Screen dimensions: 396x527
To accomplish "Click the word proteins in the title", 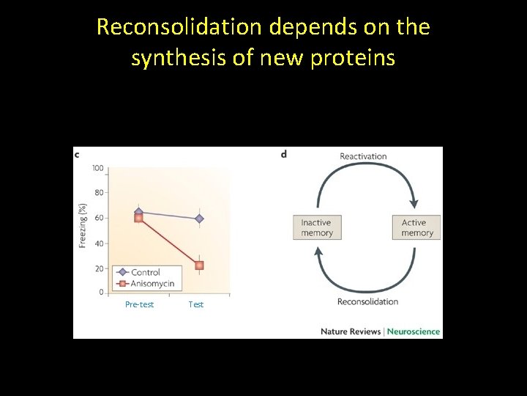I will point(354,57).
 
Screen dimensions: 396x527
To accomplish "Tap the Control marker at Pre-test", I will point(139,213).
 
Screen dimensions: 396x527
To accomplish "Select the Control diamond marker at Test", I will point(199,219).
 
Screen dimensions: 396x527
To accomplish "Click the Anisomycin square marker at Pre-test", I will point(138,219).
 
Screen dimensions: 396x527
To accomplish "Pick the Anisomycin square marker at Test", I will point(199,265).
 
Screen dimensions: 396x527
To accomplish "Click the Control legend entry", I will point(145,272).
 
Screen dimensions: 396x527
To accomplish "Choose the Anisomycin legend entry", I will point(150,283).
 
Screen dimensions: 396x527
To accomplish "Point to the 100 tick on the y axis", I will point(97,168).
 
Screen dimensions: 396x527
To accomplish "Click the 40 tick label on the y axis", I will point(99,243).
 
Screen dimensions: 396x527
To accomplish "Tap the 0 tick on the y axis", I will point(101,293).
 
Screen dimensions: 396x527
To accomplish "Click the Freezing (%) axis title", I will point(83,224).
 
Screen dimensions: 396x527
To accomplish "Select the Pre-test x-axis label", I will point(139,304).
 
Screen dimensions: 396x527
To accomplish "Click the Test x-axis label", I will point(196,304).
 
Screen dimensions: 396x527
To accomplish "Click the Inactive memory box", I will point(316,227).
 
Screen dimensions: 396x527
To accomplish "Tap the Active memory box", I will point(417,227).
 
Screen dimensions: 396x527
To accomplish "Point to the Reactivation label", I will point(363,156).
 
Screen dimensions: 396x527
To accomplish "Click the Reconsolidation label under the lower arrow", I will point(367,301).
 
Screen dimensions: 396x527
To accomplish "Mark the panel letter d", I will point(283,154).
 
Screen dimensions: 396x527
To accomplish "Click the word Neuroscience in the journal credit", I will point(414,331).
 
